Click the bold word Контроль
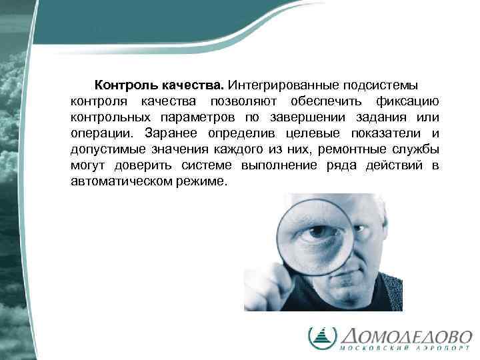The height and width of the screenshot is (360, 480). [x=125, y=86]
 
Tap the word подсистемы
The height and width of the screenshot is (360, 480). [x=382, y=86]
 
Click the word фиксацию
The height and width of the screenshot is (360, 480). [x=406, y=101]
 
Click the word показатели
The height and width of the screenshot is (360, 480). [x=391, y=133]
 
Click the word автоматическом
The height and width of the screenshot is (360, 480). [x=124, y=180]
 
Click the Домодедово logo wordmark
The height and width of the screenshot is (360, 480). [x=407, y=335]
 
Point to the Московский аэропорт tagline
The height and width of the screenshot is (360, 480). [x=407, y=349]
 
